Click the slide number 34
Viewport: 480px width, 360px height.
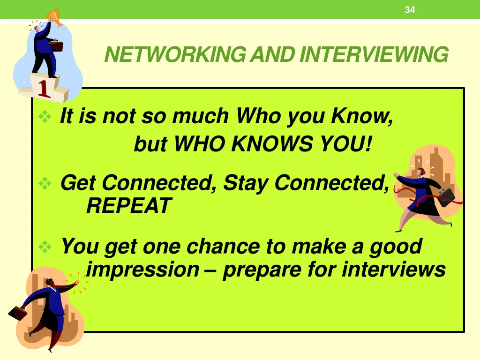click(410, 10)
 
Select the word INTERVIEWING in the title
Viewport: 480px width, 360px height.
click(374, 55)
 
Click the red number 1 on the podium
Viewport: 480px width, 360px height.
click(44, 89)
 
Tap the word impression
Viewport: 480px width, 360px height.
click(143, 270)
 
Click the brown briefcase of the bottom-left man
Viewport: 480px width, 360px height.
click(18, 313)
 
